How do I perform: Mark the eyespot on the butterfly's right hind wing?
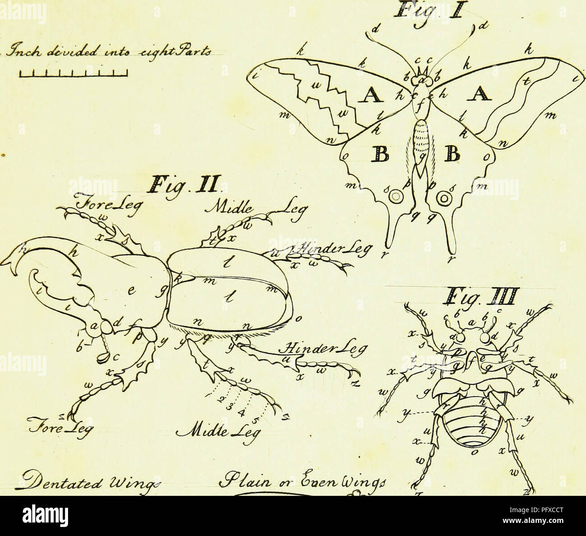444,198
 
